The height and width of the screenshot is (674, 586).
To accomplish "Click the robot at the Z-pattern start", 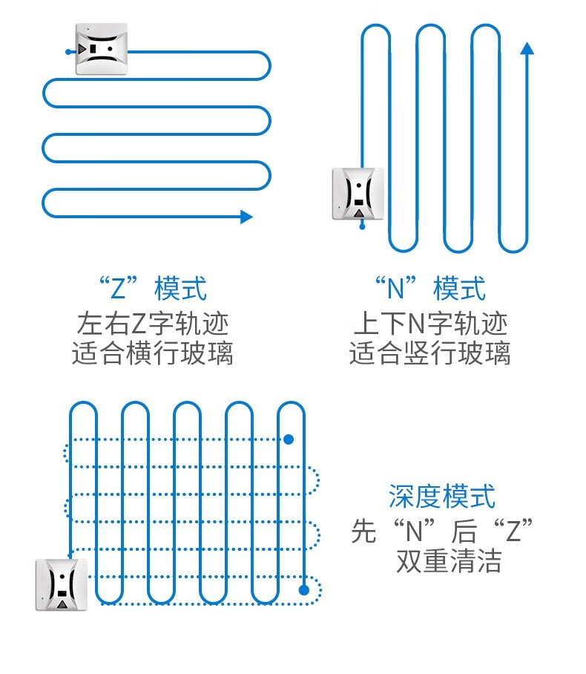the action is (102, 49).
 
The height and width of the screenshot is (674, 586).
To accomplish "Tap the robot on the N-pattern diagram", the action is (358, 193).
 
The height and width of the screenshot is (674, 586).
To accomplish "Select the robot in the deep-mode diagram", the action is (62, 584).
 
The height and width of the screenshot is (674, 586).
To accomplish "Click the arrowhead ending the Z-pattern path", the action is (246, 217).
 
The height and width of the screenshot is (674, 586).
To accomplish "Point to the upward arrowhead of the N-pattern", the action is (527, 49).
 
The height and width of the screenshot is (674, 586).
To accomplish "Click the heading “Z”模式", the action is (152, 288).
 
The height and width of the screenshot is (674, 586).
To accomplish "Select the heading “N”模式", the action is (430, 288).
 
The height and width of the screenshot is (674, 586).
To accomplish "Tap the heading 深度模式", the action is (442, 496).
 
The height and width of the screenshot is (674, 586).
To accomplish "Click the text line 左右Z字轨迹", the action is (152, 324).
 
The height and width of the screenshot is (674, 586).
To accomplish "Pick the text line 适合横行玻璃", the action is (152, 353).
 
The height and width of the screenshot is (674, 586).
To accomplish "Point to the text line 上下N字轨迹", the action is (430, 324).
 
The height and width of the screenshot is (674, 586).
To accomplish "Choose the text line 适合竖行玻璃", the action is (430, 353).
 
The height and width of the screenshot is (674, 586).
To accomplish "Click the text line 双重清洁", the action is (449, 561).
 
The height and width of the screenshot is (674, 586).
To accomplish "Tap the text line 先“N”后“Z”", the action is (443, 530).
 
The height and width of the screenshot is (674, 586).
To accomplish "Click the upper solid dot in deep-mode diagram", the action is (289, 439).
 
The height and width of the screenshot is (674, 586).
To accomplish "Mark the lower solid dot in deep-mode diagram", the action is (303, 591).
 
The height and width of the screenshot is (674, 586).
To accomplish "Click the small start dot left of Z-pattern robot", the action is (68, 51).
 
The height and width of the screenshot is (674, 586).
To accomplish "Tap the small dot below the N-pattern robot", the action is (362, 226).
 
